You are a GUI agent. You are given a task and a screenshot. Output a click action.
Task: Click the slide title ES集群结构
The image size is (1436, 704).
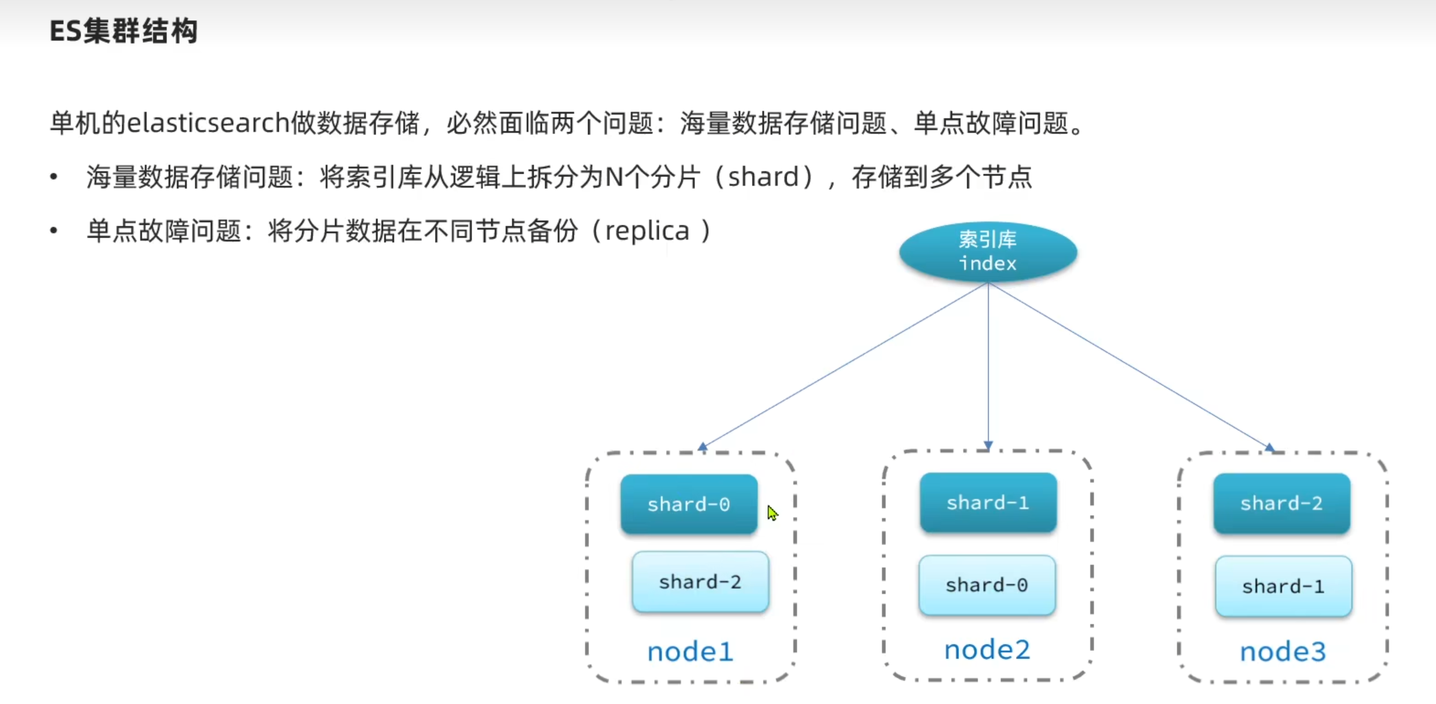pos(124,31)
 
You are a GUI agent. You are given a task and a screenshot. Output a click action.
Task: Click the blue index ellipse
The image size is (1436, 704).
pos(988,252)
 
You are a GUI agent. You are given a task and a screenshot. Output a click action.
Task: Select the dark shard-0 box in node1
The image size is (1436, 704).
pos(689,504)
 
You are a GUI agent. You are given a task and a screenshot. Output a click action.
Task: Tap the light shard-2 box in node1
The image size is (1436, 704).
pos(700,582)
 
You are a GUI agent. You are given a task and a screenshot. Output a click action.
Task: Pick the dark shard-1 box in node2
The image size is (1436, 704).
pos(988,503)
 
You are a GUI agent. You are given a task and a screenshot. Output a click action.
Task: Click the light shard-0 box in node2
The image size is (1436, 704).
pos(987,585)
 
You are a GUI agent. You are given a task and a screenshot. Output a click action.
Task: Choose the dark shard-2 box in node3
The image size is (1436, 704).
pos(1282,503)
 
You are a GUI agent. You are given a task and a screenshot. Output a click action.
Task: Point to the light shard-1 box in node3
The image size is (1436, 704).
pos(1283,586)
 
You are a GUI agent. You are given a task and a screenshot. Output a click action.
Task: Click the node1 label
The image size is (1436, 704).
pos(690,651)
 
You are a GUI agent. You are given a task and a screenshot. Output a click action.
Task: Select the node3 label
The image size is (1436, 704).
pos(1283,651)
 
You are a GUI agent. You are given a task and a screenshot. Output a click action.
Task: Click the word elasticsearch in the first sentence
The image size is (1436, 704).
pos(208,123)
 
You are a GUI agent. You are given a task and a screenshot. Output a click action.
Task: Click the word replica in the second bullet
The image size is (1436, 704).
pos(647,231)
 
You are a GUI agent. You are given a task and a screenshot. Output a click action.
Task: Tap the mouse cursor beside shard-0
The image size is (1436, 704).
pos(771,512)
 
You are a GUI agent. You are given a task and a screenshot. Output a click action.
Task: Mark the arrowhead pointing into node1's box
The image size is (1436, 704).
pos(702,447)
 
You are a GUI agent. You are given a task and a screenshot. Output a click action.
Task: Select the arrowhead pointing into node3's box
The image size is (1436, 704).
pos(1269,447)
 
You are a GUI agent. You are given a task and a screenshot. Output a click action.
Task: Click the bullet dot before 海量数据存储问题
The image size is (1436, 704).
pos(53,177)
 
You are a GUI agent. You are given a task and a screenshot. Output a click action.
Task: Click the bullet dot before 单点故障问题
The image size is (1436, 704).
pos(53,230)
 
